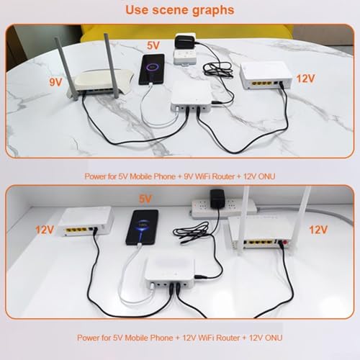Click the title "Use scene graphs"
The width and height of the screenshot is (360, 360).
tap(180, 10)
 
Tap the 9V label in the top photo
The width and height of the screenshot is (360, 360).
tap(55, 82)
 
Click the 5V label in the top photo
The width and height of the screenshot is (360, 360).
tap(153, 45)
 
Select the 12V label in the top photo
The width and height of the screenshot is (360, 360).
tap(305, 78)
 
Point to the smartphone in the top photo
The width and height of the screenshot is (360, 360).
tap(152, 69)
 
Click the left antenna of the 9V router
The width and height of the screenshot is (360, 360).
tap(63, 68)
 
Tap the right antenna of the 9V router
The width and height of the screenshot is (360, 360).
tap(112, 66)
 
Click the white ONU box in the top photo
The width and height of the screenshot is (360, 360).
tap(266, 76)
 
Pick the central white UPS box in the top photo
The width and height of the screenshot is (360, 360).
tap(192, 96)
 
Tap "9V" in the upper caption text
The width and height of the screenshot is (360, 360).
tap(189, 176)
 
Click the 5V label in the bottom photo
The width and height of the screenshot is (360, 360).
tap(145, 199)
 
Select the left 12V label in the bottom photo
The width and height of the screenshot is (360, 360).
tap(45, 230)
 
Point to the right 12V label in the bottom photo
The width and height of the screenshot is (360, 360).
tap(318, 230)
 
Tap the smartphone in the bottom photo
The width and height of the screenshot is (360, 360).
tap(142, 228)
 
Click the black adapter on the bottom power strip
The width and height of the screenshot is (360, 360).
tap(217, 199)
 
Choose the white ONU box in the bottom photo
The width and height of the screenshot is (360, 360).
tap(86, 222)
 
